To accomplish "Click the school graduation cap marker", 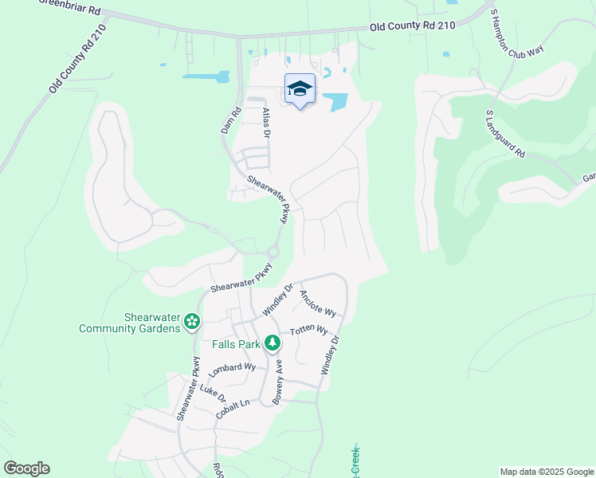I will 300,89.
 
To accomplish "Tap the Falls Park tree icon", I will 273,343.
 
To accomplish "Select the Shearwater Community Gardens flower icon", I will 191,322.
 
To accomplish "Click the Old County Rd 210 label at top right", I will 411,26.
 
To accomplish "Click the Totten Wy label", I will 308,331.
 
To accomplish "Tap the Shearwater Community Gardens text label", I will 129,323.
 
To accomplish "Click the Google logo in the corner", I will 26,468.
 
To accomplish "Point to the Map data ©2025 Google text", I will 546,472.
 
